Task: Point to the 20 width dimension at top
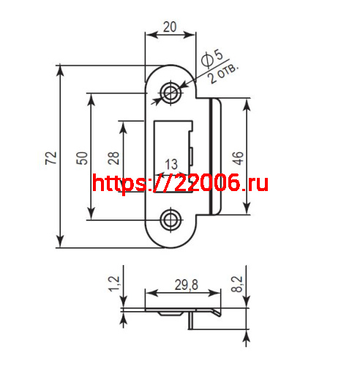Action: click(x=170, y=27)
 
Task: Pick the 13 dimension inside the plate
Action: click(x=172, y=163)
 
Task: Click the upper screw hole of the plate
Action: click(x=172, y=92)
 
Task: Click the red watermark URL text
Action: click(x=181, y=183)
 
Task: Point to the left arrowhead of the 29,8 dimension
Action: click(x=149, y=294)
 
